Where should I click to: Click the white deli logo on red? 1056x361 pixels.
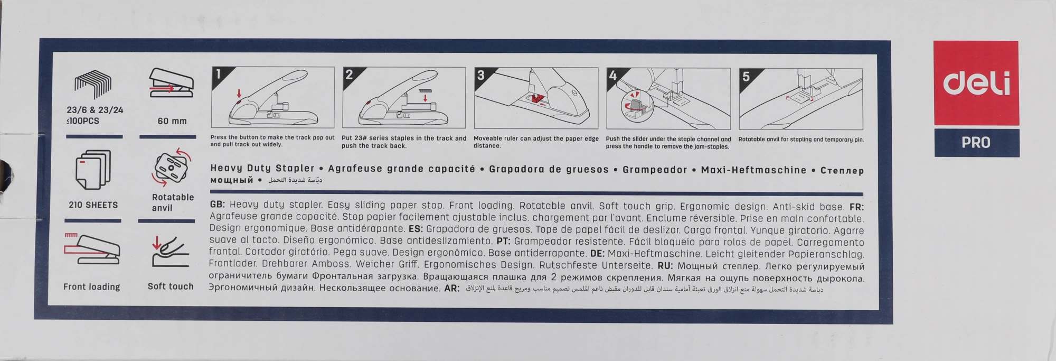976,84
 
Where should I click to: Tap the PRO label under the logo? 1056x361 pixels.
976,143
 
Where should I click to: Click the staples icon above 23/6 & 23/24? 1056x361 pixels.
93,85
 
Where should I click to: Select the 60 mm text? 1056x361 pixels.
172,121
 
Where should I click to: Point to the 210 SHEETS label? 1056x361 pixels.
93,205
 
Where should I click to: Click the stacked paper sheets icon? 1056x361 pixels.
93,170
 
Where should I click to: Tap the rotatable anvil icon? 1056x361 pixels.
172,168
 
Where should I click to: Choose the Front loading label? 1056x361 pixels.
92,287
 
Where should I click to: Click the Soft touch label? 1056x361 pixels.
171,286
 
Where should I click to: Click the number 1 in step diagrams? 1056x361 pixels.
218,74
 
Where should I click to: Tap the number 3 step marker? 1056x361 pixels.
480,75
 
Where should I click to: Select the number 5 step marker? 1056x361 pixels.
746,77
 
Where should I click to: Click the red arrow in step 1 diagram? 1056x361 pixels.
238,94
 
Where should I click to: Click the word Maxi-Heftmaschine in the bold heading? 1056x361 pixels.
753,170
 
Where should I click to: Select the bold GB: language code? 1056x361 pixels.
218,205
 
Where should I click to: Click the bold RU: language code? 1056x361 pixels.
665,266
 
